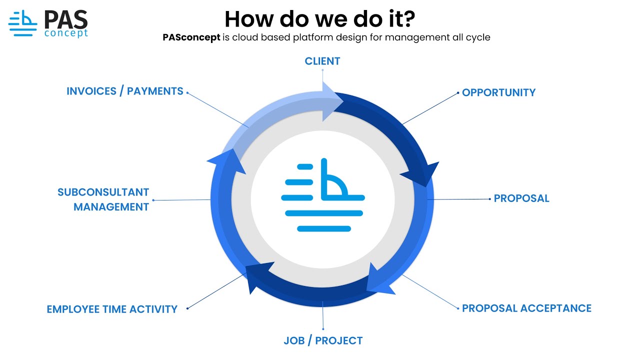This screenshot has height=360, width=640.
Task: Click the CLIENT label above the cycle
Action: coord(322,61)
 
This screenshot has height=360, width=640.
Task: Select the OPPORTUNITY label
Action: coord(498,92)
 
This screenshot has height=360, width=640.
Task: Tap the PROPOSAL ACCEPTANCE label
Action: coord(526,308)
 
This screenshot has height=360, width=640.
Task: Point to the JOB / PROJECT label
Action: coord(323,341)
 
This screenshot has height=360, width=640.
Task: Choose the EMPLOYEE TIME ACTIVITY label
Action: coord(112,309)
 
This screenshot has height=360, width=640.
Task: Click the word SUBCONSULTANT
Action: coord(103,192)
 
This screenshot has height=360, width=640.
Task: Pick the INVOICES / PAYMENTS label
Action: coord(125,91)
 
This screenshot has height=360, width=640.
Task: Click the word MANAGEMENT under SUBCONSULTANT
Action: coord(111,207)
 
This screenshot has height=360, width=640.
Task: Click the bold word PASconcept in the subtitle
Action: coord(191,37)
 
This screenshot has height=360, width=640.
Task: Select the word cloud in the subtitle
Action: coord(245,37)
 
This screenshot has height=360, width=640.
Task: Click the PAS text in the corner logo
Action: coord(65,19)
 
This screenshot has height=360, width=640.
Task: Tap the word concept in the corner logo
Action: coord(66,33)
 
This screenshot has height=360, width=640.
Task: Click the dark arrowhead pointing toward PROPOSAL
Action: coord(421,174)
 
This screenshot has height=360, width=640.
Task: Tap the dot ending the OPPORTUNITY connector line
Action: coord(458,92)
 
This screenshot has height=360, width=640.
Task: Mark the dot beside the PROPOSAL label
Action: coord(490,199)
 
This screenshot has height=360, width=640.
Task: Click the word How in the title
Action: coord(245,19)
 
